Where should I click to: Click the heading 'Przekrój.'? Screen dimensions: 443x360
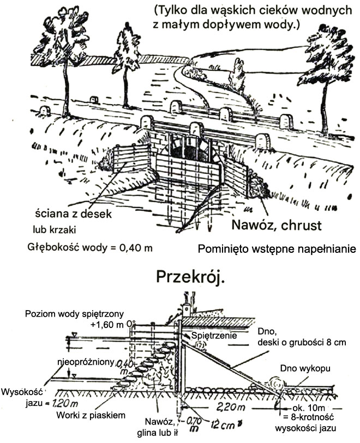point(190,276)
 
